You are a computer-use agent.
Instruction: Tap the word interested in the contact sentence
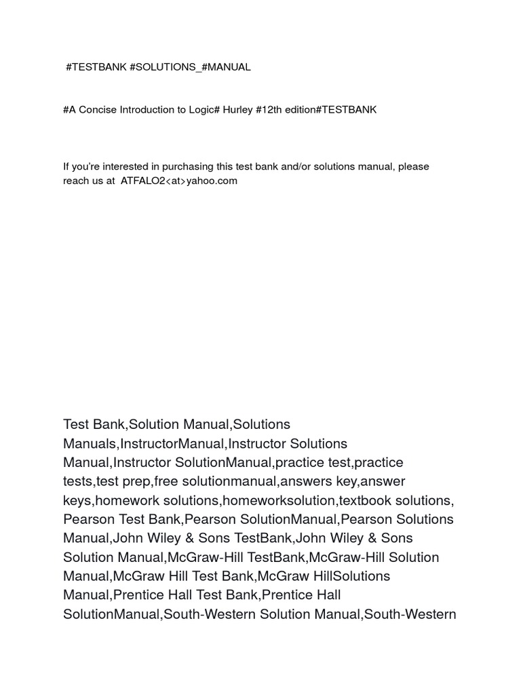pyautogui.click(x=124, y=166)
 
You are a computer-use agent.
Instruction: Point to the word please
pyautogui.click(x=414, y=166)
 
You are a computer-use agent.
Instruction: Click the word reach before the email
pyautogui.click(x=76, y=181)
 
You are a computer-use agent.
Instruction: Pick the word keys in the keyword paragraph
pyautogui.click(x=77, y=500)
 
